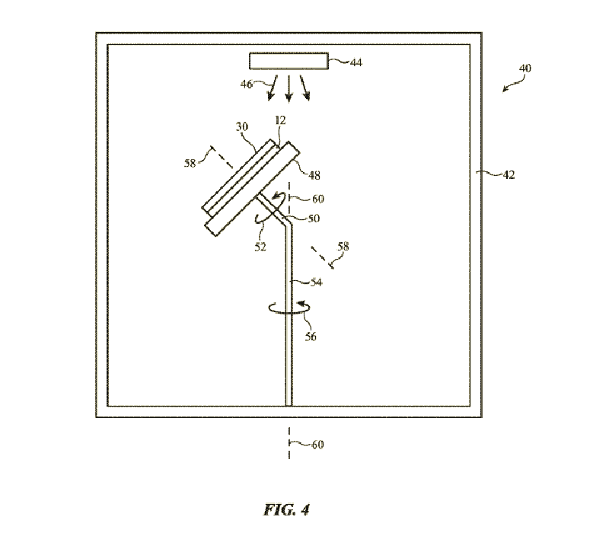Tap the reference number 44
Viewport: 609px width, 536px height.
[x=356, y=62]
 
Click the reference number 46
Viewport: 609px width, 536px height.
[x=247, y=85]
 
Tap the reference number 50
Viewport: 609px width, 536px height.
[x=313, y=218]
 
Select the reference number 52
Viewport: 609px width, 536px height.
[x=260, y=246]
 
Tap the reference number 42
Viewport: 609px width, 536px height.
[x=509, y=174]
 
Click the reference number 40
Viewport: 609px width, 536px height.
[x=525, y=69]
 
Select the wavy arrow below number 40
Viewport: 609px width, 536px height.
[x=513, y=84]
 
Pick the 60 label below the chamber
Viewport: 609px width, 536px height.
[x=317, y=445]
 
